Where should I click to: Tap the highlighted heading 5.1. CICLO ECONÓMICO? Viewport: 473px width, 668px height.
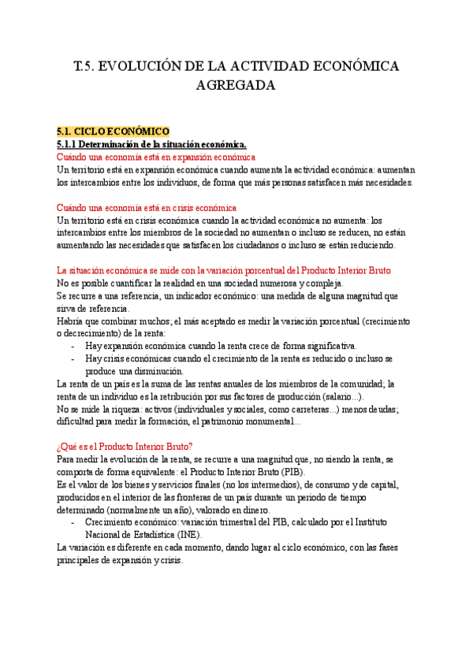point(113,131)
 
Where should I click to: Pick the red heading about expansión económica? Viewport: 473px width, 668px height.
point(156,157)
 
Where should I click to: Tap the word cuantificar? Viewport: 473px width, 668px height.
point(128,283)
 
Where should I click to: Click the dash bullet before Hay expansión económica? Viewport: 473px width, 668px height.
point(73,346)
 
